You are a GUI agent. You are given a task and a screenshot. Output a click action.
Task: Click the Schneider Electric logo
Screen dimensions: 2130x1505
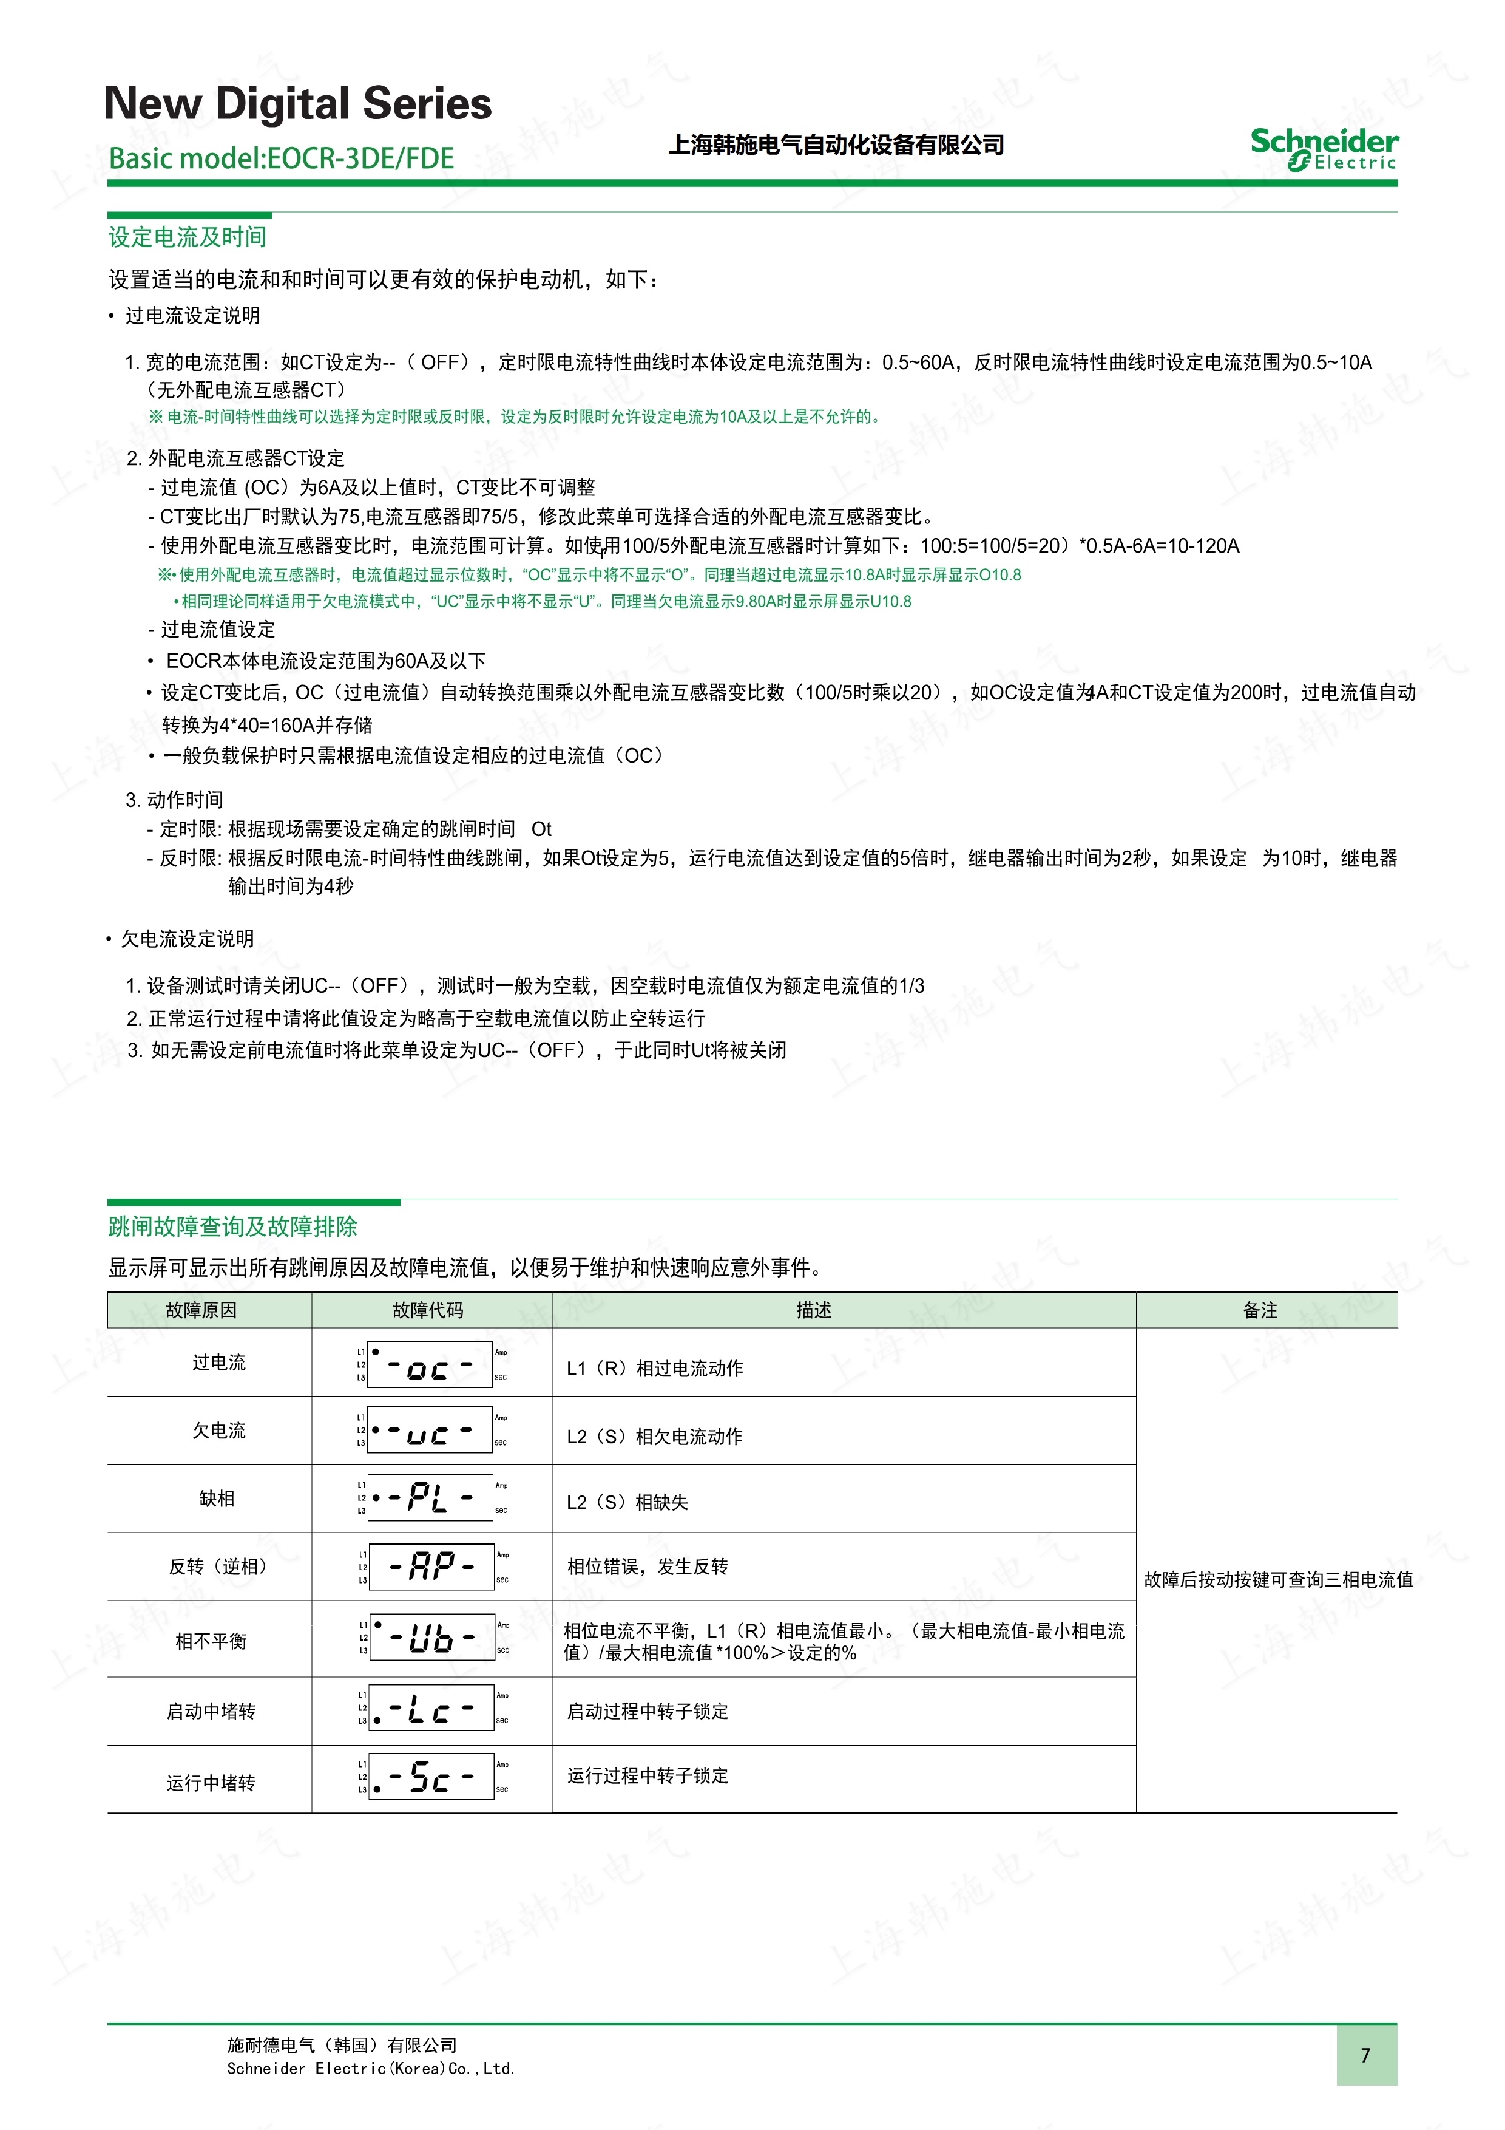[x=1324, y=148]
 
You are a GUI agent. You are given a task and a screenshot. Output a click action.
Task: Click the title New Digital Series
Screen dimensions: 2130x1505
[x=297, y=103]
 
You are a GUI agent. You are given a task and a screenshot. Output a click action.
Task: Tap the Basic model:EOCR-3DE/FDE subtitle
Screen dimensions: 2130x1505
[x=281, y=158]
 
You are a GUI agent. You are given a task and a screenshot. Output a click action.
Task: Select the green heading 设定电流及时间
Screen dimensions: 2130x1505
[x=188, y=237]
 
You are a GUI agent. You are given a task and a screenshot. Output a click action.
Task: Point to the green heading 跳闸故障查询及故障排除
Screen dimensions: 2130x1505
[x=233, y=1227]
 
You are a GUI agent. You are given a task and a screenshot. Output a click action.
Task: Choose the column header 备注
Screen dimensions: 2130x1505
[x=1260, y=1310]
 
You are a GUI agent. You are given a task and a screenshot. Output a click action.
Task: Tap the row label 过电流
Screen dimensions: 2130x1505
[x=219, y=1362]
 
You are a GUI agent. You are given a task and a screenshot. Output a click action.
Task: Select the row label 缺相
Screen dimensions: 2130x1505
[x=217, y=1499]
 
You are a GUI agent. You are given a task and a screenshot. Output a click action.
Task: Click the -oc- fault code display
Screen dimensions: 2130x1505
[x=430, y=1365]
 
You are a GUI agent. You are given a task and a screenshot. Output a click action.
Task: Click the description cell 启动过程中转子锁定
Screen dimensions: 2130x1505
[x=648, y=1710]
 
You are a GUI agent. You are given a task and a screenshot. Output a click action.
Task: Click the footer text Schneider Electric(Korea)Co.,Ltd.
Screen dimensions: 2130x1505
[x=370, y=2068]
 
